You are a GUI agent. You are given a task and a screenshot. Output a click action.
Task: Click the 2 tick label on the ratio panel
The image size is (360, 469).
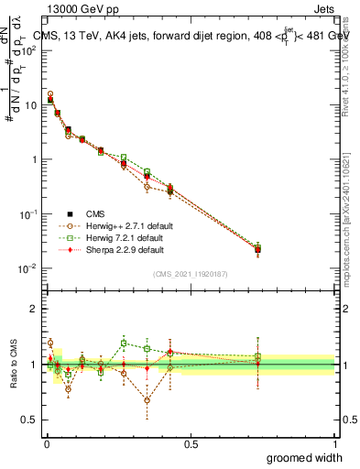pos(33,309)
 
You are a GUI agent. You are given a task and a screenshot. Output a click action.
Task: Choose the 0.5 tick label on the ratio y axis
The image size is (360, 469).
pos(28,420)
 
